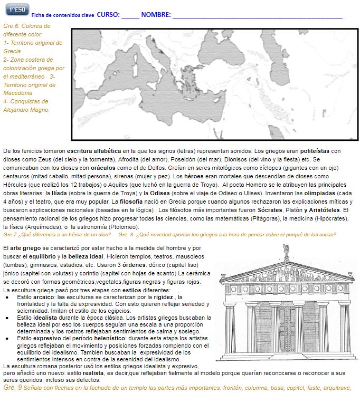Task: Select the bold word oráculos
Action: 96,167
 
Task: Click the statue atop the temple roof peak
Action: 286,251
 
